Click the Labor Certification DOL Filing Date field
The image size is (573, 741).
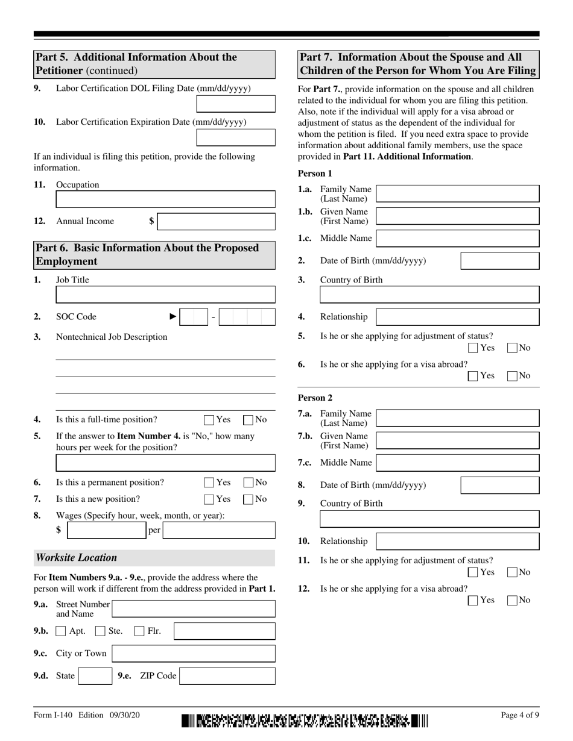pos(236,104)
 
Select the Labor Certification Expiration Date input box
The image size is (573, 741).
pos(236,138)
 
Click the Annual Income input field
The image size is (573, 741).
pos(217,222)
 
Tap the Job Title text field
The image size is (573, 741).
pos(165,295)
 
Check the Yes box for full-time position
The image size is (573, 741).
pos(209,420)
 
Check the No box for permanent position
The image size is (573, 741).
pos(248,483)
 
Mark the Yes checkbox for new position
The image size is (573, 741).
pos(209,499)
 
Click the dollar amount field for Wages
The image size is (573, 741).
pos(106,530)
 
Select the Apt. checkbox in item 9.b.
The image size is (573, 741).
pos(60,631)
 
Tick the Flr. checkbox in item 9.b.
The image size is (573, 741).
pos(139,631)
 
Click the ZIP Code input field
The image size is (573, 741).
pos(227,676)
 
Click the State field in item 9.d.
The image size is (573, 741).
pos(95,676)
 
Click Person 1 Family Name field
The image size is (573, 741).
pos(457,194)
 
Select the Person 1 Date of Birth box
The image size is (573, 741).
pos(500,261)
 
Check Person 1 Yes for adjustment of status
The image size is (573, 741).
pos(473,348)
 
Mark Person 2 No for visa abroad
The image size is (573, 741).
pos(513,600)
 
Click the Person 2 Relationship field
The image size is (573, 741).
pos(457,541)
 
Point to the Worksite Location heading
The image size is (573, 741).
pos(77,558)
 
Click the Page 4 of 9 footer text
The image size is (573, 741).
pos(520,715)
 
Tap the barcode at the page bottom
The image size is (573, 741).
pos(305,720)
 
